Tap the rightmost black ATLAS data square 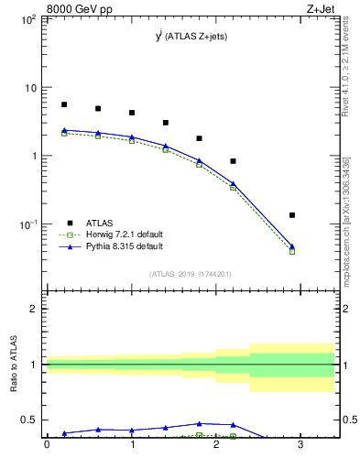point(292,215)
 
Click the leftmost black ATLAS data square point(64,104)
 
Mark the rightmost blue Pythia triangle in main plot point(292,245)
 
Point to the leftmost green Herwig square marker point(64,134)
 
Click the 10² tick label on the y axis point(29,19)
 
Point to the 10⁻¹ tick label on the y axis point(29,224)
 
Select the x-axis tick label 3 point(300,446)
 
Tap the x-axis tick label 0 point(47,446)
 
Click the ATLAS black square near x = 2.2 point(234,161)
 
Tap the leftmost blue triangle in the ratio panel point(64,432)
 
